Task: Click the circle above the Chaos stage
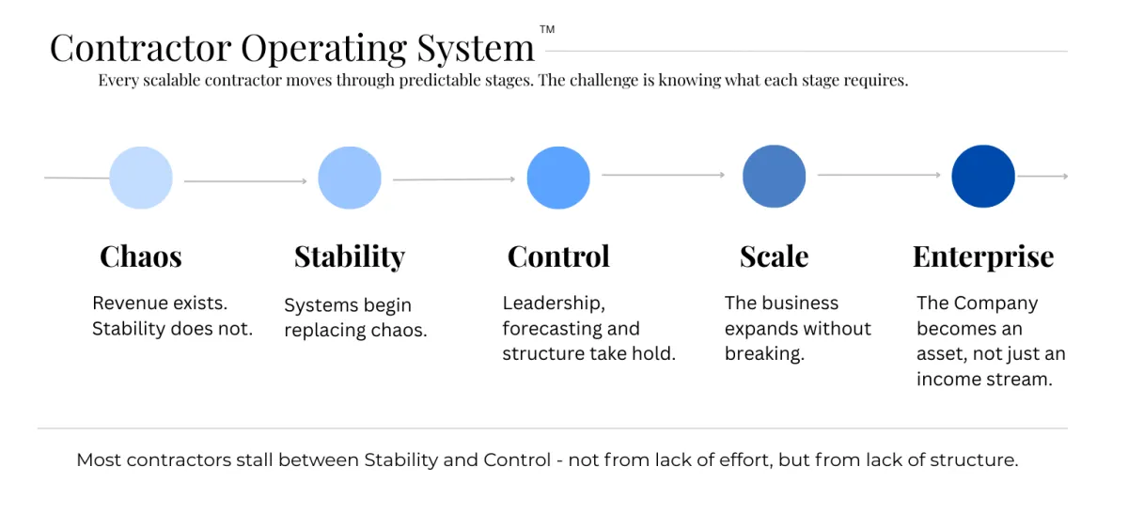tap(141, 178)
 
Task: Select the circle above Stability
tap(350, 178)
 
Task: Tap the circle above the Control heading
tap(558, 178)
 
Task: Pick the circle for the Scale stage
tap(774, 177)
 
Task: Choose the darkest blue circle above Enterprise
tap(983, 177)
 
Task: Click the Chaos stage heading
tap(141, 256)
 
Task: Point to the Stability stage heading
tap(350, 256)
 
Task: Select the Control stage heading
tap(558, 256)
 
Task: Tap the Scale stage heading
tap(774, 256)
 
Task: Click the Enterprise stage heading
tap(983, 256)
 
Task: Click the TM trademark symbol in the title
tap(547, 30)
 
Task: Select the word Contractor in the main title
tap(140, 48)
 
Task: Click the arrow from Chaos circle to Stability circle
tap(245, 180)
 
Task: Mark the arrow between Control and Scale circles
tap(664, 175)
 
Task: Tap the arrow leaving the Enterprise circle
tap(1042, 176)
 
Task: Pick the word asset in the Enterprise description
tap(941, 354)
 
